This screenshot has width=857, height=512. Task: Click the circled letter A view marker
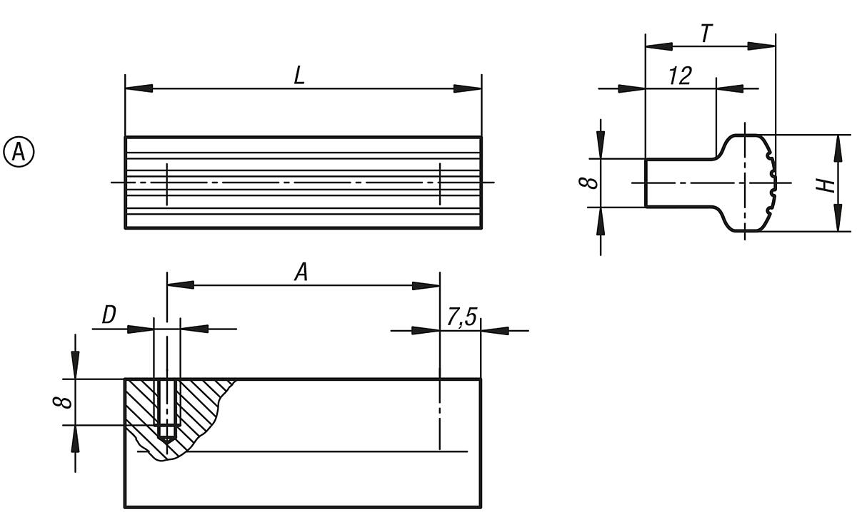click(19, 152)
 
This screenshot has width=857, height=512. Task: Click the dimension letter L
click(300, 76)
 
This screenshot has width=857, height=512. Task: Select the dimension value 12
click(681, 76)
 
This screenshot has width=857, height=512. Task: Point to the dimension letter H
click(826, 185)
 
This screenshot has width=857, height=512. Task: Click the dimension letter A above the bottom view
click(301, 272)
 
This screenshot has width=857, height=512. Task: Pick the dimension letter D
click(109, 316)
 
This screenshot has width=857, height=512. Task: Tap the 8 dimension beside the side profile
click(588, 183)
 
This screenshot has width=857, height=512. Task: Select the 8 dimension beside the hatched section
click(64, 402)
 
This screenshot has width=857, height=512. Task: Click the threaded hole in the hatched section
click(167, 406)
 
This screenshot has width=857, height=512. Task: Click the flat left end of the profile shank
click(646, 183)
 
